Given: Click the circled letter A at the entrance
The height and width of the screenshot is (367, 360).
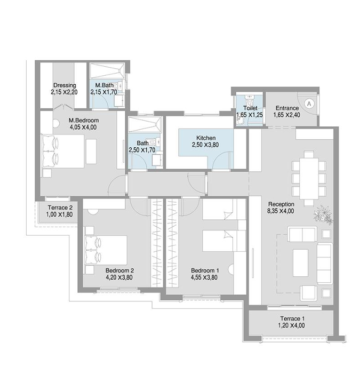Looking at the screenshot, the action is coord(309,103).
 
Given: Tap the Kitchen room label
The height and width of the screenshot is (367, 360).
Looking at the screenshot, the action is coord(206,138).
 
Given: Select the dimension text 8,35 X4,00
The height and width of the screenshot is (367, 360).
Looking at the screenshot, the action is coord(281,211).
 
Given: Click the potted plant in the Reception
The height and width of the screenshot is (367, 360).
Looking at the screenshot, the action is coord(323,214).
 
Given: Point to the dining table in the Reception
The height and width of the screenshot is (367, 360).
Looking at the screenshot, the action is coord(309,179).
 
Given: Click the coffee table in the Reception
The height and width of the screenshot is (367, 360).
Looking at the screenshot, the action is coord(301,262).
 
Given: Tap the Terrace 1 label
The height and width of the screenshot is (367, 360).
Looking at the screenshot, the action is coord(293,318).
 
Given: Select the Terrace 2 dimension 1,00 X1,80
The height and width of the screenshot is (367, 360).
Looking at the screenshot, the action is coord(59,214).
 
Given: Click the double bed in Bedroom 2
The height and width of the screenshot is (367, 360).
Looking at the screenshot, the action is coord(106,250).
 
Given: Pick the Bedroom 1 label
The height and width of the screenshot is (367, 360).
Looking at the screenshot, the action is coord(205,270).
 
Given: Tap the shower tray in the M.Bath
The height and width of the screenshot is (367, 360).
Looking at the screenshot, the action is coord(107,71).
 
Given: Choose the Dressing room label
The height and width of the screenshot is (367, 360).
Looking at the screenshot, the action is coord(65,85).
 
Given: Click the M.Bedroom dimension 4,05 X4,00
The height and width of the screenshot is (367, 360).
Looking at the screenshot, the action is coord(83,127).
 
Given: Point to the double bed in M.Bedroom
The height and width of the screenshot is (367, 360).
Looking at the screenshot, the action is coord(63,151).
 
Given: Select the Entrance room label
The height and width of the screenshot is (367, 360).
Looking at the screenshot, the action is coord(287,108).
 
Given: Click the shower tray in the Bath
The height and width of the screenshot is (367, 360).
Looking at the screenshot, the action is coord(145,125).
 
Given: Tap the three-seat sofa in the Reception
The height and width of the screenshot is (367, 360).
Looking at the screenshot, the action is coord(325,264).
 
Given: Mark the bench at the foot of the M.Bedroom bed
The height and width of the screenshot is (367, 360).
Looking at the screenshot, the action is coord(91,151).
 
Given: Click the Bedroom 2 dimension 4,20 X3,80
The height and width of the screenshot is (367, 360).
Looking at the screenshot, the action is coord(119,277).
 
